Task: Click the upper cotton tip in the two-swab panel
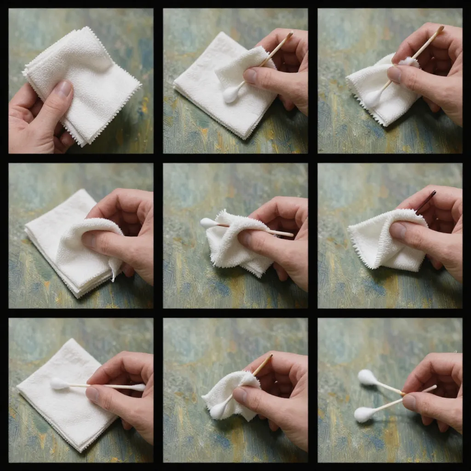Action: tap(368, 378)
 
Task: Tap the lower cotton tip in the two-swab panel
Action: tap(364, 414)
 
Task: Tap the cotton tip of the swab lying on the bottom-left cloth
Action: tap(59, 384)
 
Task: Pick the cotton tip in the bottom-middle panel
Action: tap(217, 410)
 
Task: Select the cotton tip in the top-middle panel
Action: tap(230, 94)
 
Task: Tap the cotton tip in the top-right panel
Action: tap(372, 98)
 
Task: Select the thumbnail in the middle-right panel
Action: tap(398, 230)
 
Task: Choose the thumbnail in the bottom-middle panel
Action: tap(240, 395)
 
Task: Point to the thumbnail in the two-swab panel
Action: tap(409, 402)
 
